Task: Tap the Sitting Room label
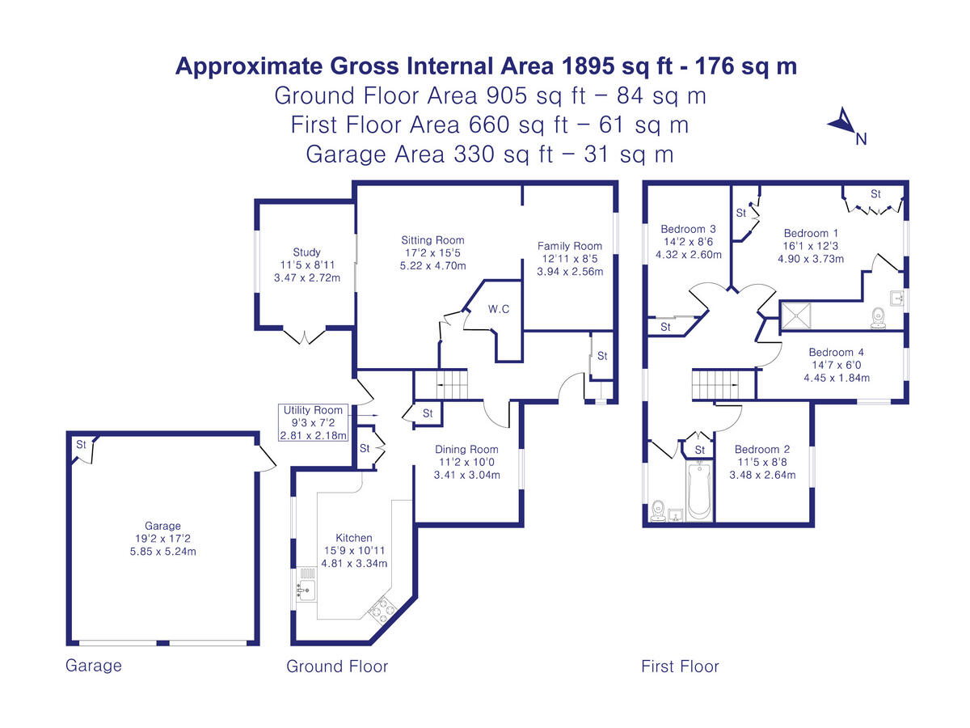coord(432,240)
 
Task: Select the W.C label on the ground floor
coord(499,309)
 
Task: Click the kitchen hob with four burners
coord(382,611)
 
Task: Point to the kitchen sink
coord(306,588)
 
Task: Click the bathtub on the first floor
coord(699,491)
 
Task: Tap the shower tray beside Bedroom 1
coord(796,315)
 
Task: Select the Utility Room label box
coord(313,422)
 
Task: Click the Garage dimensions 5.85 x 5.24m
coord(162,551)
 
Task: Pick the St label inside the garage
coord(81,444)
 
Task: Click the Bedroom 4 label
coord(836,353)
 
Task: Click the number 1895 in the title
coord(588,66)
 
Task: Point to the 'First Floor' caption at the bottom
coord(680,666)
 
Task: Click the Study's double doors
coord(304,336)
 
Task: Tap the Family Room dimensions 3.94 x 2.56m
coord(570,272)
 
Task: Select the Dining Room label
coord(466,449)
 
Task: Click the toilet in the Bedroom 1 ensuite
coord(878,318)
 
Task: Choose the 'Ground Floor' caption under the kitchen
coord(337,666)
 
